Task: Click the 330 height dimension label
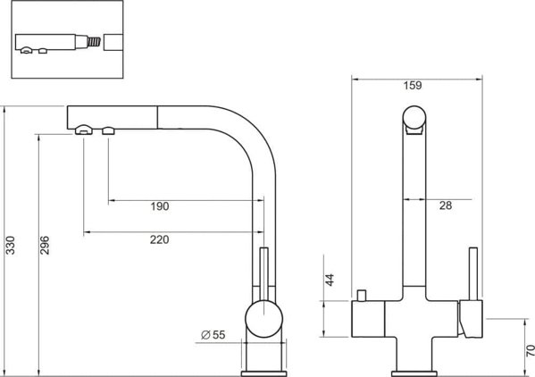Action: pos(11,245)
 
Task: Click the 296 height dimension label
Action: pos(45,245)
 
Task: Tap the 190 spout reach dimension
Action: pos(160,206)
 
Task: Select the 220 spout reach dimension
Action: pos(159,239)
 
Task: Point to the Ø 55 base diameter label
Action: pos(213,335)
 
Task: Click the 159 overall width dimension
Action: pos(413,85)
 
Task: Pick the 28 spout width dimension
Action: pos(446,205)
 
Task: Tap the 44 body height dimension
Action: pos(330,280)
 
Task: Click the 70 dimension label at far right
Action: pos(530,351)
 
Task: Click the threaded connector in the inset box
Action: pos(95,42)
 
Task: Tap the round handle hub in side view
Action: pos(263,319)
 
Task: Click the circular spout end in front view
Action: pos(414,118)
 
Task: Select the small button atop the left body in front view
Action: pos(362,296)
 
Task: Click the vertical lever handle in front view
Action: pos(472,274)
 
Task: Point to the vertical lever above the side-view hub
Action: pos(264,274)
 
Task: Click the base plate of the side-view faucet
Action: pos(264,373)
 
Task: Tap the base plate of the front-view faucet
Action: pos(414,373)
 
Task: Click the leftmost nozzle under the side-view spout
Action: pos(84,130)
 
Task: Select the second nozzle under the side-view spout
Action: pos(108,130)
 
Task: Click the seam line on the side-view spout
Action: pos(157,117)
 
